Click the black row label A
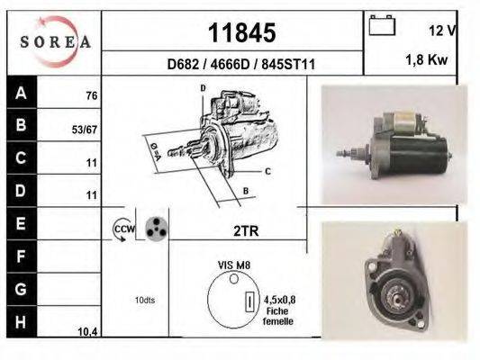[x=21, y=92]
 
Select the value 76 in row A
[x=91, y=96]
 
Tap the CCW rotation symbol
[x=122, y=231]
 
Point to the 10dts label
[x=144, y=300]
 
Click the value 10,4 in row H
[x=87, y=331]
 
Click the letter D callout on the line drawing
[x=203, y=87]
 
